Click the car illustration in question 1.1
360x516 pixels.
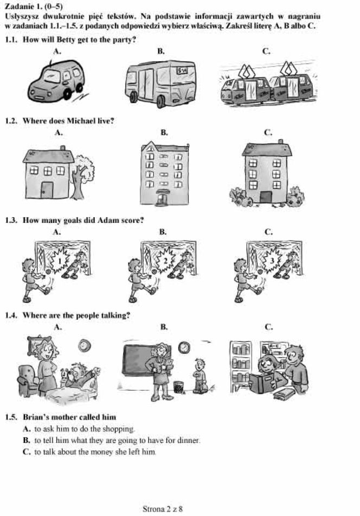[x=56, y=80]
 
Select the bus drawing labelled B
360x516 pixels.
[x=160, y=83]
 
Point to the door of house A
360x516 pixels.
[x=47, y=190]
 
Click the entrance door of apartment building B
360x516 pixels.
[x=162, y=198]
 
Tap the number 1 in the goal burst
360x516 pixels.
[x=60, y=261]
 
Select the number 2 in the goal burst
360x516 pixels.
[x=165, y=261]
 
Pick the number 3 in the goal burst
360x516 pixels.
[x=272, y=261]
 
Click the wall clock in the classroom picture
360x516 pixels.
[x=184, y=347]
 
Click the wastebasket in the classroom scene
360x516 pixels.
[x=178, y=387]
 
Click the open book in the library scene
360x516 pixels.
[x=265, y=382]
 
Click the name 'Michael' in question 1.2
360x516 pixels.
[x=80, y=121]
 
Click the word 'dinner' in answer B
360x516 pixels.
[x=188, y=440]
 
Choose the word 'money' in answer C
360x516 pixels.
[x=102, y=452]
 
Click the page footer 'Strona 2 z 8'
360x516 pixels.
[x=163, y=509]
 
